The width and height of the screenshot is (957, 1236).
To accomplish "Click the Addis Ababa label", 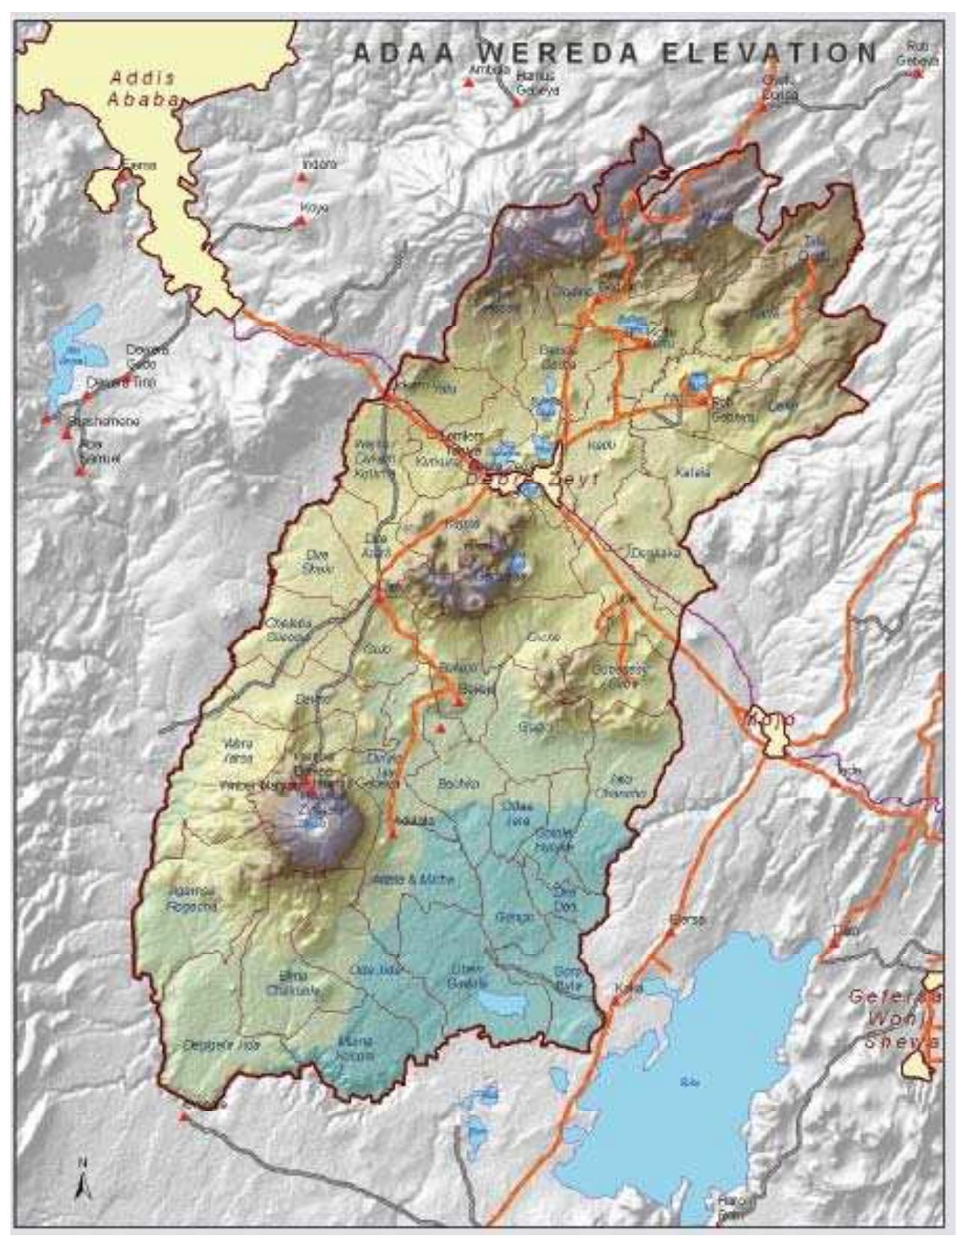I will click(x=143, y=87).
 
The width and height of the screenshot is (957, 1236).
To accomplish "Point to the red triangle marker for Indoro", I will click(x=301, y=178).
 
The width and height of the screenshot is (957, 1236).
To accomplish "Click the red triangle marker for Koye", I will click(x=301, y=220).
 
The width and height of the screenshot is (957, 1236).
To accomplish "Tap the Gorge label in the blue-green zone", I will click(x=514, y=916).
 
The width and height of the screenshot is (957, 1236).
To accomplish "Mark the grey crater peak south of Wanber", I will click(x=318, y=826).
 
